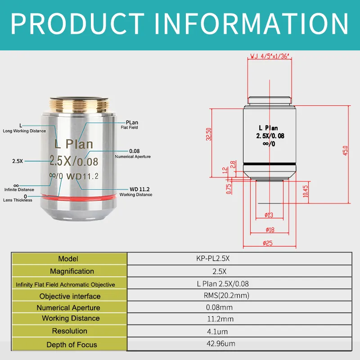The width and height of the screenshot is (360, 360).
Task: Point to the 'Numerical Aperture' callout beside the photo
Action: pyautogui.click(x=133, y=156)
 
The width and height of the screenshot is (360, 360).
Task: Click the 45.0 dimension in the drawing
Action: pyautogui.click(x=346, y=151)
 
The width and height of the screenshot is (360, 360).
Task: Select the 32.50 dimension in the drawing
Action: pyautogui.click(x=208, y=134)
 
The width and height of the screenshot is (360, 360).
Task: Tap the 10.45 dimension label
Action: pyautogui.click(x=306, y=192)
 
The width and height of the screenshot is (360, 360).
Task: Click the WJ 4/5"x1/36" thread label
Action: pyautogui.click(x=269, y=57)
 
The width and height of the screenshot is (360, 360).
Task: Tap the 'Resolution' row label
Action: pyautogui.click(x=69, y=331)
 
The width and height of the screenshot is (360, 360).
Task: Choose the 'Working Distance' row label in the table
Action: pyautogui.click(x=71, y=318)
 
